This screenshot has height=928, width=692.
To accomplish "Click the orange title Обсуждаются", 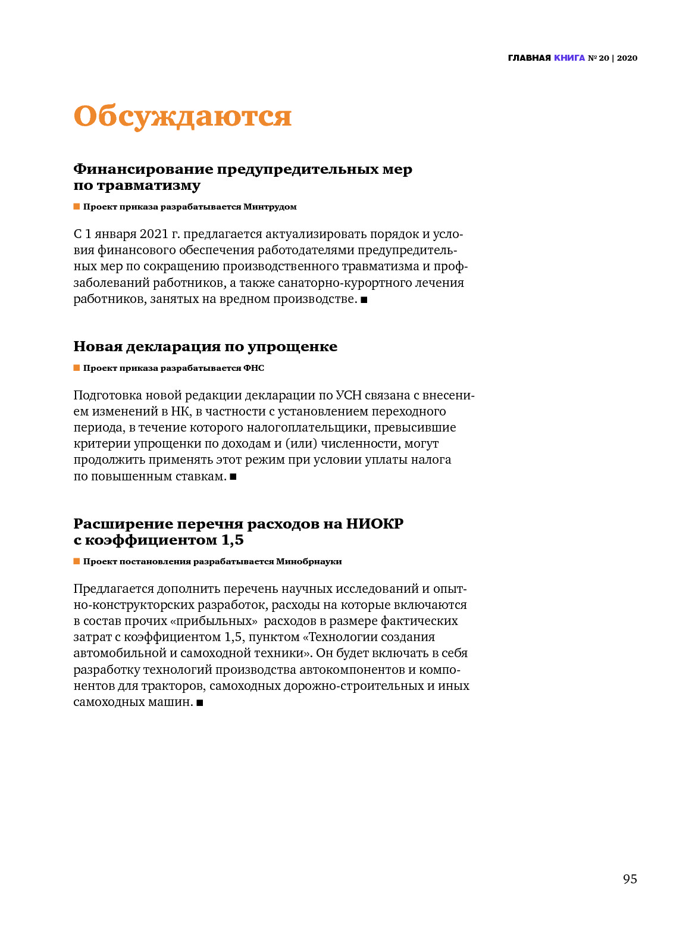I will click(x=182, y=116).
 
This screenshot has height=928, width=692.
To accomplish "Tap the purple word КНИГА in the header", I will click(x=569, y=58).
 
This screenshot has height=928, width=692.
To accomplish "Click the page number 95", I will click(x=630, y=879).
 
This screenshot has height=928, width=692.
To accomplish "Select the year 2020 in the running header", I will click(x=627, y=58).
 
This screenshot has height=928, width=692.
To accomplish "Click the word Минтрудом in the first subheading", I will click(x=270, y=207).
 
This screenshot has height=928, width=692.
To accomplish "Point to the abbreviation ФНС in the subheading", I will click(x=253, y=368).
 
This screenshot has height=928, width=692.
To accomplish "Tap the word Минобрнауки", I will click(x=309, y=561).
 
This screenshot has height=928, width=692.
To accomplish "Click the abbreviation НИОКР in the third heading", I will click(x=375, y=524).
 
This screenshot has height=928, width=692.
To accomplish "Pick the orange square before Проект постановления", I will click(x=77, y=561).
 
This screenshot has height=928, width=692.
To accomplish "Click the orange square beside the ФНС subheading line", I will click(x=77, y=368).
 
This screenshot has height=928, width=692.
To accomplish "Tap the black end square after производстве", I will click(x=364, y=299).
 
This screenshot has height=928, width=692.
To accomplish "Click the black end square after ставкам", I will click(x=233, y=477).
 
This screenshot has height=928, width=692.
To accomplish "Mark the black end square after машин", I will click(x=200, y=702).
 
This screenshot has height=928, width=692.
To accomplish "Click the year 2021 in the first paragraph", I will click(x=154, y=234).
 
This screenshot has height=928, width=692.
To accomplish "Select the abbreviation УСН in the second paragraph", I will click(x=348, y=395).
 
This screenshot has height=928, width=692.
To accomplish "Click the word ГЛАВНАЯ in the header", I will click(x=529, y=58).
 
